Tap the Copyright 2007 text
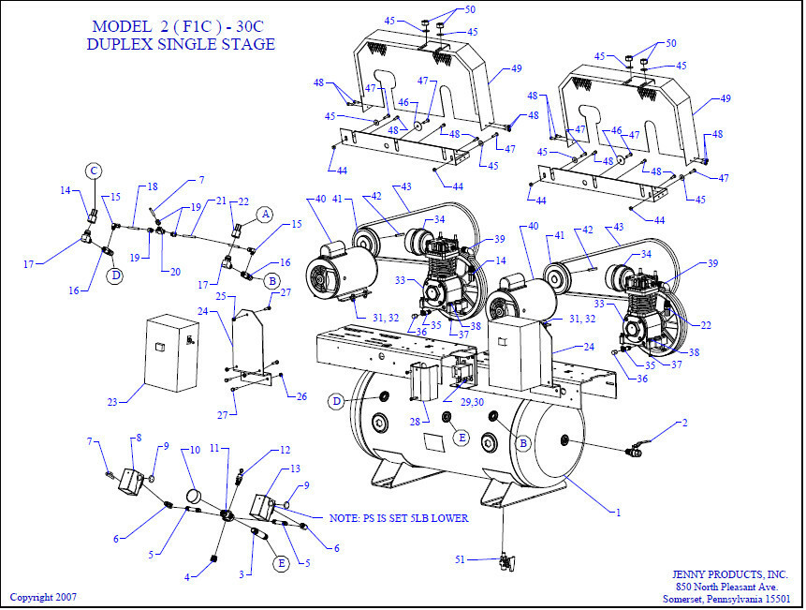tap(43, 597)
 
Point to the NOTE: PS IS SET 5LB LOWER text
tap(399, 518)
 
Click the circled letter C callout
tap(95, 171)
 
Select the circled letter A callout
tap(264, 214)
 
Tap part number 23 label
tap(113, 401)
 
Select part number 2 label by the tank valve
tap(684, 424)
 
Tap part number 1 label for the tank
tap(616, 512)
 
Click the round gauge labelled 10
tap(195, 495)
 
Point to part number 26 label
tap(302, 396)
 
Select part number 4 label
tap(187, 578)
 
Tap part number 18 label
tap(152, 186)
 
